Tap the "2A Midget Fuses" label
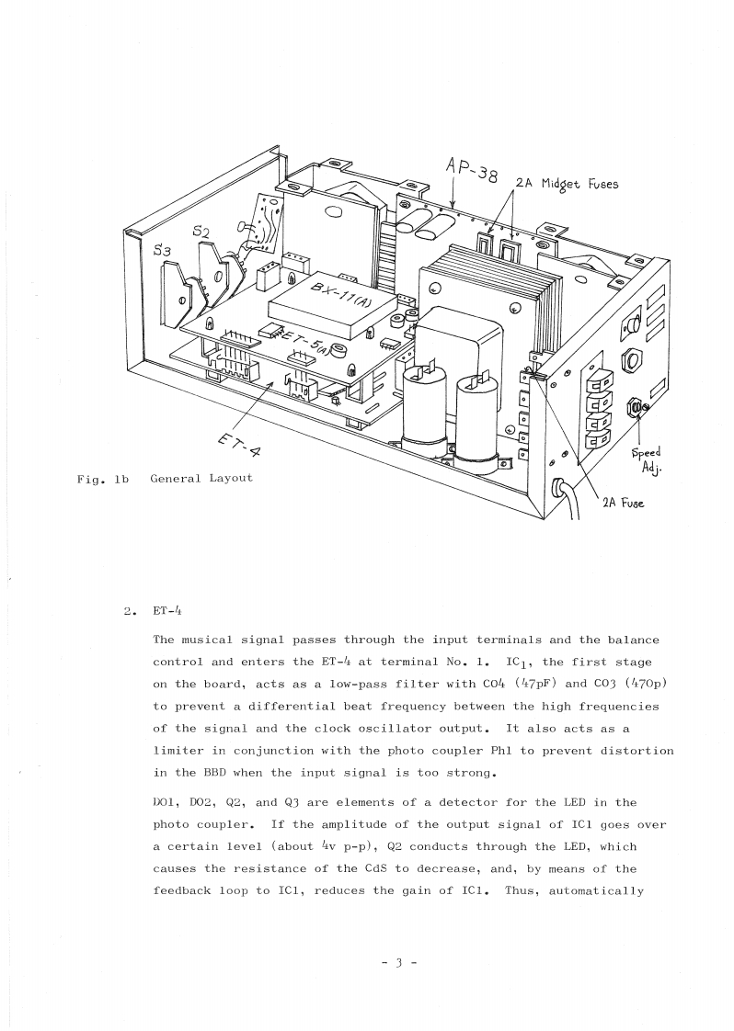pos(567,183)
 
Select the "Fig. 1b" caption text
pos(103,478)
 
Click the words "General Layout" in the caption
pos(201,478)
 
